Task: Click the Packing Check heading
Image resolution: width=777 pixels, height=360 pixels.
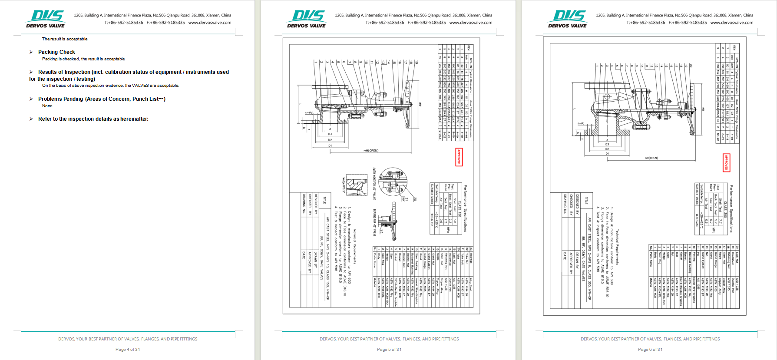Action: click(x=56, y=52)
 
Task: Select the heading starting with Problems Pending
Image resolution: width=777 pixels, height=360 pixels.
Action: click(x=102, y=99)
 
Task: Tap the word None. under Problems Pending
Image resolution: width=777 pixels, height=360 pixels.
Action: click(x=47, y=106)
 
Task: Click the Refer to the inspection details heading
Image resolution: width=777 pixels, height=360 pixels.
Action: click(x=93, y=119)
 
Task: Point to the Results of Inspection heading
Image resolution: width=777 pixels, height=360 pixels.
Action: click(x=129, y=75)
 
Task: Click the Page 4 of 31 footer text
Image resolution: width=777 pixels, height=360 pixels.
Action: click(x=128, y=349)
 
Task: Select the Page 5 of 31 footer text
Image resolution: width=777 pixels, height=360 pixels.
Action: click(x=389, y=349)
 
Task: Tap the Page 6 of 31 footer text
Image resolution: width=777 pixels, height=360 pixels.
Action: click(x=650, y=349)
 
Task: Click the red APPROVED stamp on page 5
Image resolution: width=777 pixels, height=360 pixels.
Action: click(x=459, y=157)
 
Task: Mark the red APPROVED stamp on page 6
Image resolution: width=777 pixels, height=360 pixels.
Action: click(x=726, y=163)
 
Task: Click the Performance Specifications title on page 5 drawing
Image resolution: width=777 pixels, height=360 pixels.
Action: click(x=465, y=208)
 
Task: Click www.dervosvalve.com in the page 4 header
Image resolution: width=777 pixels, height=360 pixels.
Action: click(x=210, y=23)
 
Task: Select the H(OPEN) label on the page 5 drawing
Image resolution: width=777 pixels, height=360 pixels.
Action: click(x=371, y=151)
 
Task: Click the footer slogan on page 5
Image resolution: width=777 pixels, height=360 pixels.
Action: click(x=389, y=339)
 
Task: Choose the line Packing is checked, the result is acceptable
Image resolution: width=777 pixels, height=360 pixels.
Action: click(x=83, y=59)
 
